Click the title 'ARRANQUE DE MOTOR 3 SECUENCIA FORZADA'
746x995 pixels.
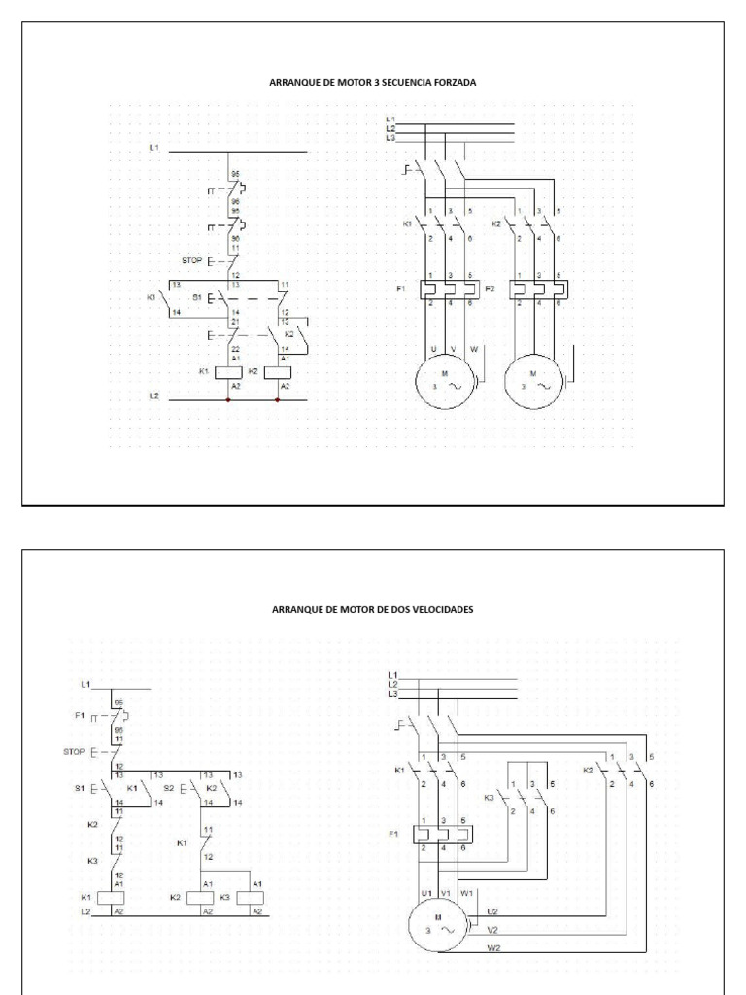click(x=373, y=83)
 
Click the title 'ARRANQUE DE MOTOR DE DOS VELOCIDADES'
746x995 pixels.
click(x=373, y=609)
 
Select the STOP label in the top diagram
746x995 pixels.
click(x=190, y=260)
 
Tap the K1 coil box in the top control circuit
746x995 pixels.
click(x=227, y=372)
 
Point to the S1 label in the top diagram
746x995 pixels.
click(x=197, y=297)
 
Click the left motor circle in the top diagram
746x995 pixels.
click(x=443, y=380)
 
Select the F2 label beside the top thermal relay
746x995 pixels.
click(x=490, y=289)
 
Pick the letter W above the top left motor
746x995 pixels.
click(x=473, y=347)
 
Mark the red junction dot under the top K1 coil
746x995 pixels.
click(x=227, y=399)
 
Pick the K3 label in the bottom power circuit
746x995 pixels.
click(x=490, y=797)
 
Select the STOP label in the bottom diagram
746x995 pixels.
click(x=74, y=751)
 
